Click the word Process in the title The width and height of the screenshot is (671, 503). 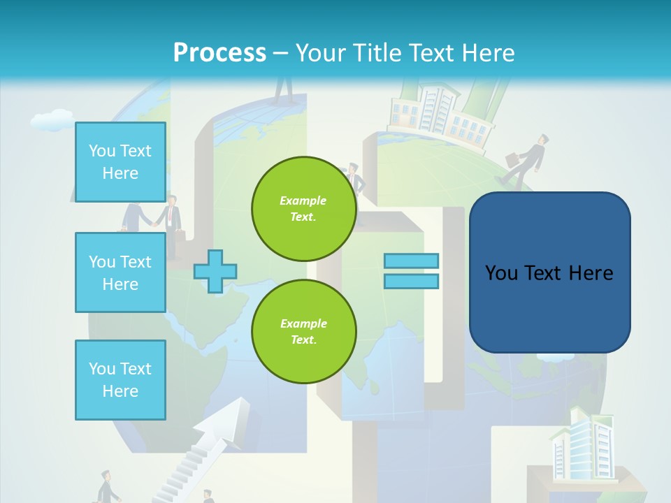(219, 52)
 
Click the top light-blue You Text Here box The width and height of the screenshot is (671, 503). (120, 162)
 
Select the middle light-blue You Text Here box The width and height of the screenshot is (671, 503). (120, 272)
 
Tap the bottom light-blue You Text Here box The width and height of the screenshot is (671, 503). (120, 379)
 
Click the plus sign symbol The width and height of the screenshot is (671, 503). (215, 271)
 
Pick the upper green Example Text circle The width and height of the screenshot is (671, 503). (304, 209)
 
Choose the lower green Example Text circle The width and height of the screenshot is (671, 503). (304, 332)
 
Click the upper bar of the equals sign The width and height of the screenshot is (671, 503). (411, 261)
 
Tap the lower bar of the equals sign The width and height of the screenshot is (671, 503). (411, 281)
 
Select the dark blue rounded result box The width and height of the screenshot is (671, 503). (549, 272)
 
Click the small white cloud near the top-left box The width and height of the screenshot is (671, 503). (52, 120)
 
